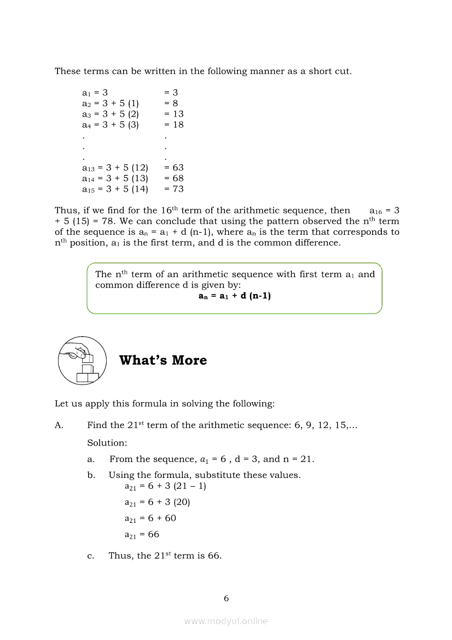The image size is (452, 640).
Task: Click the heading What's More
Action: coord(163,360)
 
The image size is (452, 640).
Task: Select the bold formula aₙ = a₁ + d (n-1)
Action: coord(234,296)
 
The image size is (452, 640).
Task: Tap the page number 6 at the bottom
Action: coord(226,598)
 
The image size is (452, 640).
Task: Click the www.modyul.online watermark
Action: coord(226,621)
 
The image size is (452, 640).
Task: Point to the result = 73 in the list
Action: coord(174,189)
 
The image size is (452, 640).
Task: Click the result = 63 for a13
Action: coord(174,168)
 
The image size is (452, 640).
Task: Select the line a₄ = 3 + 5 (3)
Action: coord(110,124)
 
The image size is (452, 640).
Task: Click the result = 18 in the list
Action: coord(174,124)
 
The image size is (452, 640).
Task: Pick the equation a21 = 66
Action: coord(142,534)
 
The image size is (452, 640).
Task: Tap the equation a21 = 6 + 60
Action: coord(150,518)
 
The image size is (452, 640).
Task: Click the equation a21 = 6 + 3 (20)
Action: coord(157,502)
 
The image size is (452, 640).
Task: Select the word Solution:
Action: coord(107,442)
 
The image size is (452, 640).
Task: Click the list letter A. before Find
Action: coord(59,425)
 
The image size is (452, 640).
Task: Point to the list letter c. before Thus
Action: coord(91,556)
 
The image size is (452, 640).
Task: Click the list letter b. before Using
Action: coord(91,475)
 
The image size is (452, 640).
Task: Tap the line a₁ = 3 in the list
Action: coord(95,93)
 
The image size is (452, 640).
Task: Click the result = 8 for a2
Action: coord(171,103)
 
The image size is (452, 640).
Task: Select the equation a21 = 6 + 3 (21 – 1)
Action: coord(165,486)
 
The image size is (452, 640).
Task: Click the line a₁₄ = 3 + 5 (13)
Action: coord(115,178)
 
